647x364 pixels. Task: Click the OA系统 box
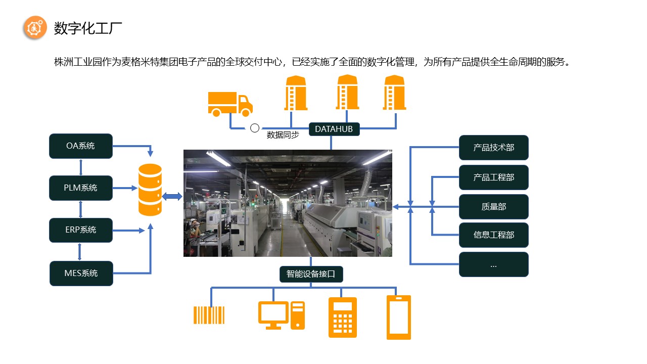click(x=81, y=146)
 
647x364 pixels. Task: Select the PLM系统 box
click(x=81, y=188)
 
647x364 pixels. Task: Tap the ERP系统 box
click(x=81, y=230)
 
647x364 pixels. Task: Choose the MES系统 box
click(x=81, y=274)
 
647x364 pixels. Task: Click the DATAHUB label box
click(x=334, y=129)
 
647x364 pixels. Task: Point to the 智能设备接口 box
click(x=311, y=274)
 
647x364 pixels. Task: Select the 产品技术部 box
click(x=493, y=148)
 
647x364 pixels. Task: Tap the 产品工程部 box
click(x=493, y=177)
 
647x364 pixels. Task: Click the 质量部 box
click(x=493, y=206)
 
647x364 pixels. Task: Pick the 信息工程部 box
click(x=493, y=235)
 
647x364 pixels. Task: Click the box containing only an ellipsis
click(x=493, y=264)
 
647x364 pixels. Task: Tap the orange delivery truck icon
click(x=230, y=104)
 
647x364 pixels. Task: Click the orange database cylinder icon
click(x=150, y=190)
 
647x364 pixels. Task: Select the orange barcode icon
click(x=209, y=314)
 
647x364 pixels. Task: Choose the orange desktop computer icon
click(x=281, y=315)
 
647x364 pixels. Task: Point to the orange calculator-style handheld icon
click(x=343, y=317)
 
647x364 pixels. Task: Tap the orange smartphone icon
click(x=399, y=317)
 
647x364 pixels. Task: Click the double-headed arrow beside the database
click(x=172, y=196)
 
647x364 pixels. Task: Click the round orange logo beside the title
click(x=35, y=28)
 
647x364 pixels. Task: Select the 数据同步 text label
click(x=283, y=135)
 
